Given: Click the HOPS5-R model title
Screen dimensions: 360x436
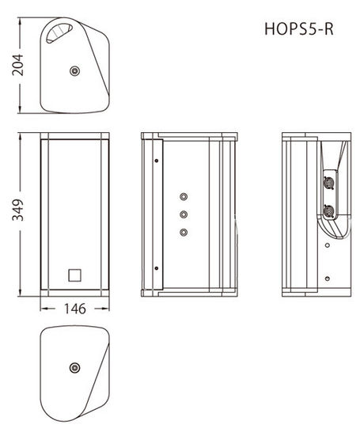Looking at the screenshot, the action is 299,28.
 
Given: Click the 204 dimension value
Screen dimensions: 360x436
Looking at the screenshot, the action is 17,65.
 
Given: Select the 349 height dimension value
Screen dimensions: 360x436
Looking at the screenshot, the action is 17,210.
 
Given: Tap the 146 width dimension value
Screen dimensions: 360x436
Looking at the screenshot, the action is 75,309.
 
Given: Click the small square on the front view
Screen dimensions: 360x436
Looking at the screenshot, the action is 75,275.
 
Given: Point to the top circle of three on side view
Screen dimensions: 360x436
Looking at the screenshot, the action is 184,196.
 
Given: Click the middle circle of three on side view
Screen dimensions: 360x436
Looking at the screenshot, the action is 184,214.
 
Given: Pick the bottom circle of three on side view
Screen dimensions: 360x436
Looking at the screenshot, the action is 184,232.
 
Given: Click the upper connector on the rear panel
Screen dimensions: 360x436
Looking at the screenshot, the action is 329,184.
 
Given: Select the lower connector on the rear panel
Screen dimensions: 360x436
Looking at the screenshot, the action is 329,210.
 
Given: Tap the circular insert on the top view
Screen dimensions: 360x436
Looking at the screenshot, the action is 75,71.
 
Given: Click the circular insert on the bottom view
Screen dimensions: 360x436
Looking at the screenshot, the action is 75,368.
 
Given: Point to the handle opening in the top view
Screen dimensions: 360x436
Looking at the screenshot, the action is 59,32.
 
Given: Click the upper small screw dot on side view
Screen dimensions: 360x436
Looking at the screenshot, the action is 157,161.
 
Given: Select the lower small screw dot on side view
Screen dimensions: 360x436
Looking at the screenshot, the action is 157,268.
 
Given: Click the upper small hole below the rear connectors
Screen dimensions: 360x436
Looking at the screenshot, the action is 328,245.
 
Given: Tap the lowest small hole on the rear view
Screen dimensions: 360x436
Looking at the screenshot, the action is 328,279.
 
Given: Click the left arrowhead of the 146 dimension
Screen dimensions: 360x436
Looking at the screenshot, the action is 44,309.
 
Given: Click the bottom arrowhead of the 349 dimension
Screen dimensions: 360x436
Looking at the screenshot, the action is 20,293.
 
